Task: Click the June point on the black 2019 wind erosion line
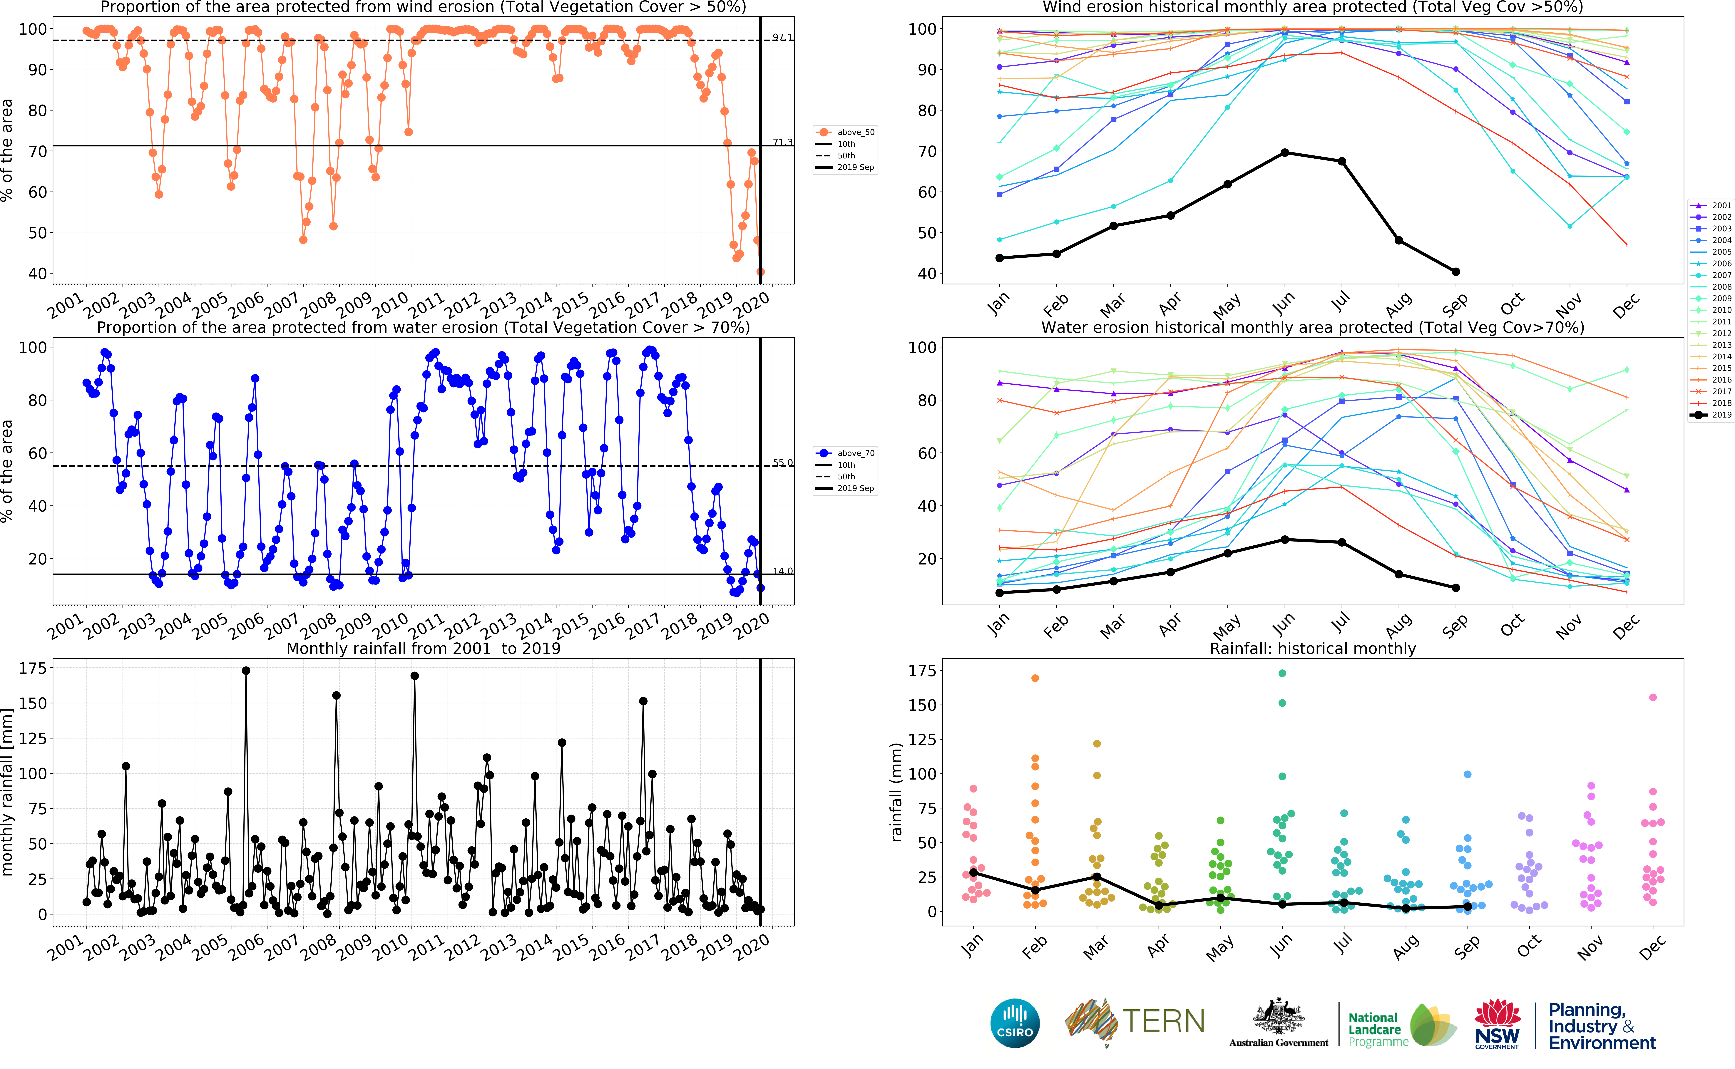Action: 1285,153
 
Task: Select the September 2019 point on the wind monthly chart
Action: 1456,272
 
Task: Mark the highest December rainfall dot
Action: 1653,697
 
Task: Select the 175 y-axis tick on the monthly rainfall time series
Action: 33,668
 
